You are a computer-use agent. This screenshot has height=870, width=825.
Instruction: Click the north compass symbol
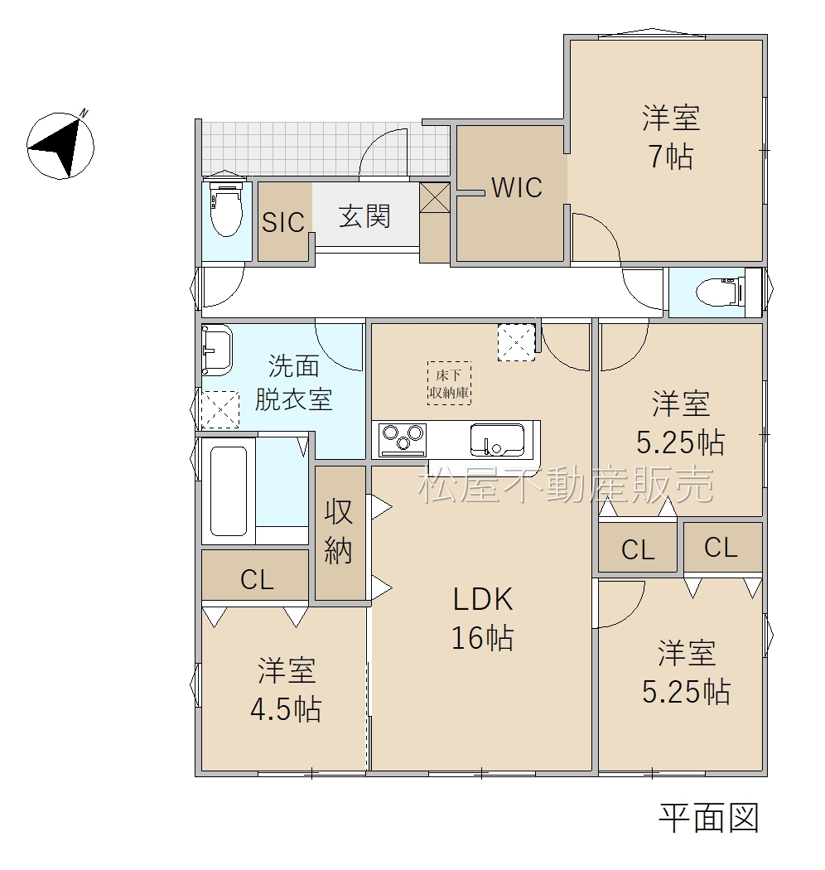click(60, 145)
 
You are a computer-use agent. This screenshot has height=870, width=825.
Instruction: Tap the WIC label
click(517, 187)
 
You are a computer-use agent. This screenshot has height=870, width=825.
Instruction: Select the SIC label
click(283, 223)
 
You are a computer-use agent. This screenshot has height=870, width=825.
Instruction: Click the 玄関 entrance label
click(364, 215)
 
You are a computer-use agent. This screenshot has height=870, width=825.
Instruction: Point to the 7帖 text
click(671, 157)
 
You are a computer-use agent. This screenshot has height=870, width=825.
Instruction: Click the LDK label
click(483, 599)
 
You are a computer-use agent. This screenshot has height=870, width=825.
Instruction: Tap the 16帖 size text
click(482, 637)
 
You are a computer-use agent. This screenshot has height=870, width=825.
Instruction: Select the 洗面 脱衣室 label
click(293, 382)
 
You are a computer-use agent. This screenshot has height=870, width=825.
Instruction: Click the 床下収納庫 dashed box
click(449, 383)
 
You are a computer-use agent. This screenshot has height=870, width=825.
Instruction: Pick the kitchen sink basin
click(496, 439)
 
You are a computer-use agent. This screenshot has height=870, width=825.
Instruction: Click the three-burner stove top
click(403, 440)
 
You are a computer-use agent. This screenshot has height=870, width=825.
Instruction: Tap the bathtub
click(228, 491)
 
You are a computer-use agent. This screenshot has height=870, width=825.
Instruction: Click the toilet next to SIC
click(225, 207)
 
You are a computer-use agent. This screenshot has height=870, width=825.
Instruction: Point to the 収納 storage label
click(339, 531)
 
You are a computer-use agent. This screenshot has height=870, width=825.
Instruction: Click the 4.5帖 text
click(286, 709)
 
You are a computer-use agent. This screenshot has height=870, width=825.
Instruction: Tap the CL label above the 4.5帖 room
click(257, 580)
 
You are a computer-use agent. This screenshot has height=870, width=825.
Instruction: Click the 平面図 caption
click(708, 818)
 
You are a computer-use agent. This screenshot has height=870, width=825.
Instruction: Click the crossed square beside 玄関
click(434, 197)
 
